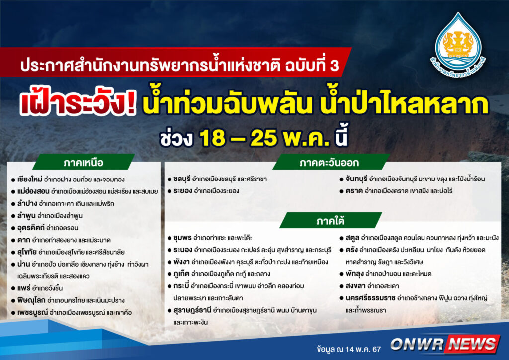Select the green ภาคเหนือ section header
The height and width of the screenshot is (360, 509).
84,162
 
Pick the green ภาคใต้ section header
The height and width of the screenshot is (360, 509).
331,221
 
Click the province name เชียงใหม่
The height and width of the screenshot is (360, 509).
30,179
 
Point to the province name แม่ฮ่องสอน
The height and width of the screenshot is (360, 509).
33,191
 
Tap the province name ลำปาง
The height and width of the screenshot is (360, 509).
27,203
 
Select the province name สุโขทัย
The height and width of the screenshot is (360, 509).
27,252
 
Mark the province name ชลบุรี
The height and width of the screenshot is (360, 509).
182,179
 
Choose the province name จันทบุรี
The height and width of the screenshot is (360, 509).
356,179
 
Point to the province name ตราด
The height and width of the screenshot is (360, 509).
354,191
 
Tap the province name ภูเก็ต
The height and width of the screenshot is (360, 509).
181,274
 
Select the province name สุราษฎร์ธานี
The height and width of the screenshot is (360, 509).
192,310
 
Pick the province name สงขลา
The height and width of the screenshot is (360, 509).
355,286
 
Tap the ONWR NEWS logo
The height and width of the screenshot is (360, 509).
444,344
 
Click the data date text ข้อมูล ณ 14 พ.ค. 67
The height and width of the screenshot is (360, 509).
348,349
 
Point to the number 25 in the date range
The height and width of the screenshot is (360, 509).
263,138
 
